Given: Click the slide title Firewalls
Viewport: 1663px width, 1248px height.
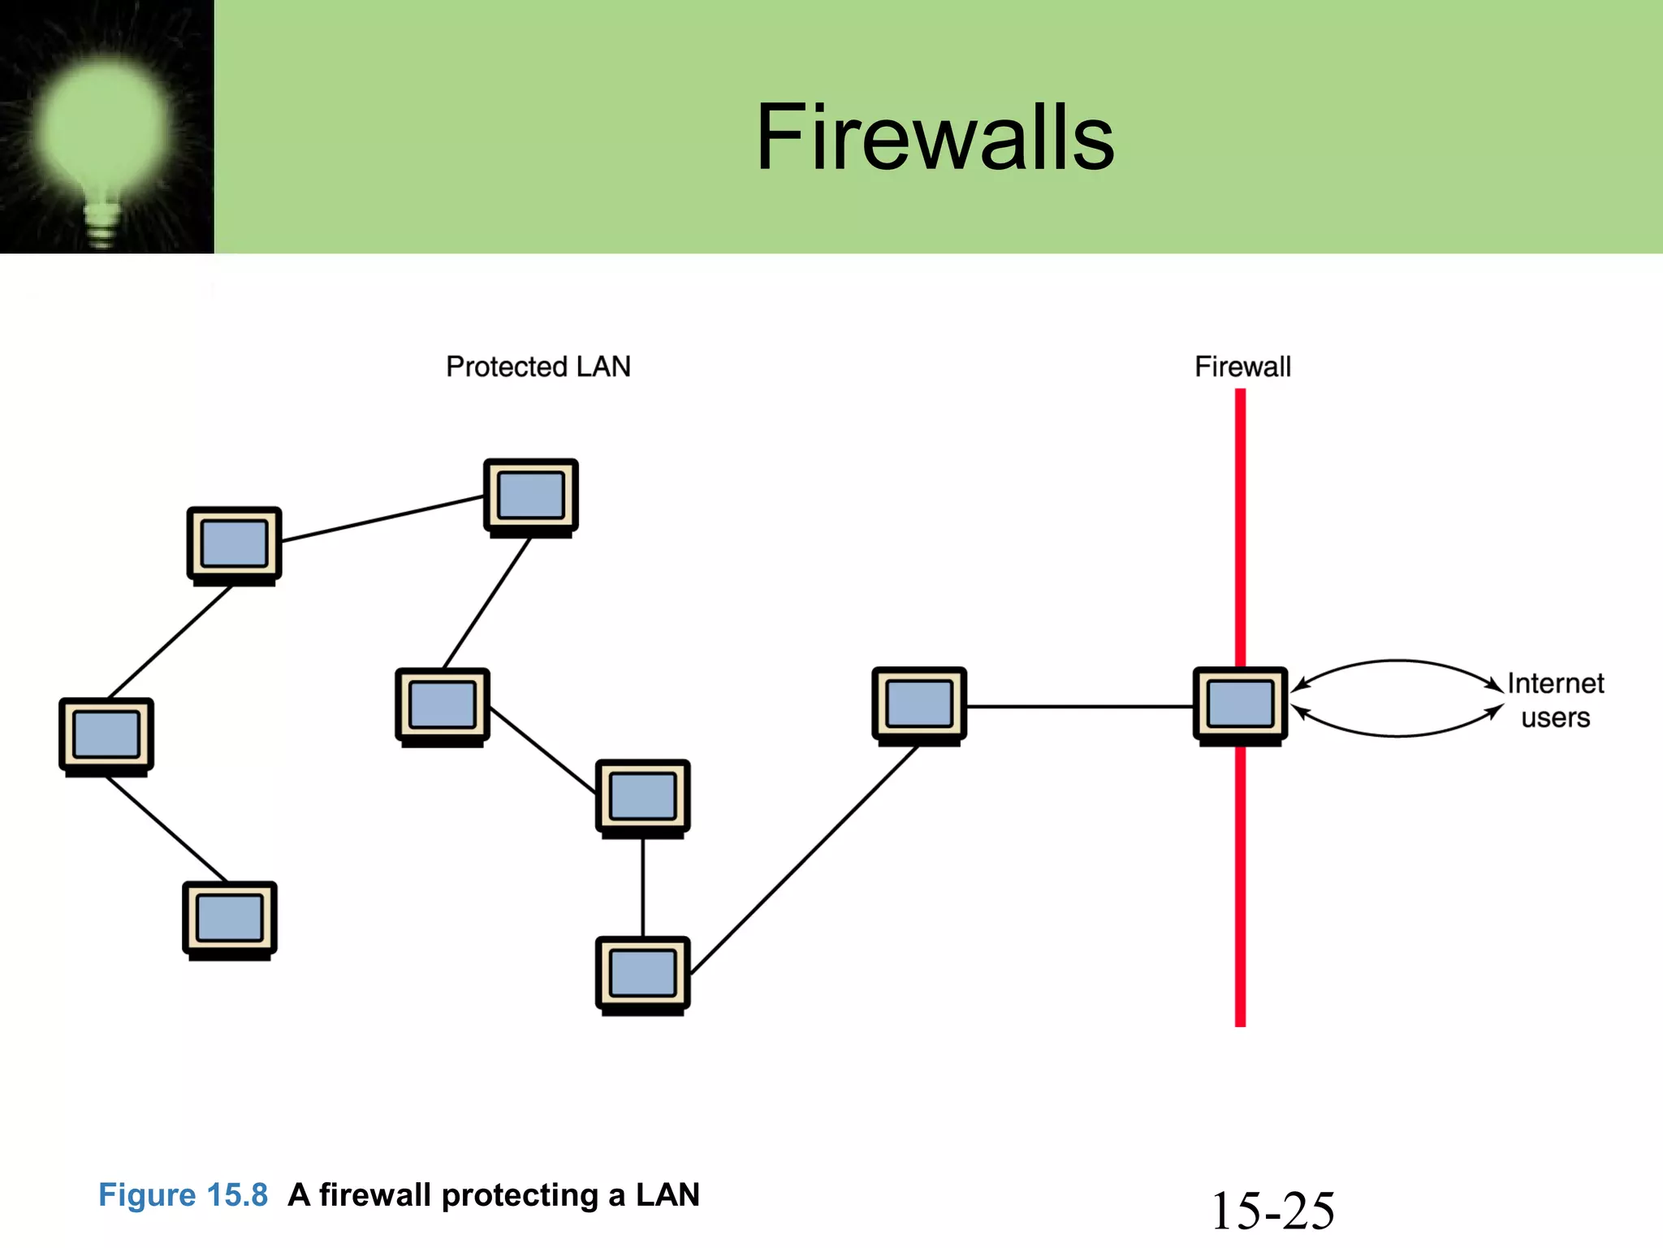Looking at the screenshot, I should point(935,138).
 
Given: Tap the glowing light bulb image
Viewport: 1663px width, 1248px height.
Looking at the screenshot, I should point(106,130).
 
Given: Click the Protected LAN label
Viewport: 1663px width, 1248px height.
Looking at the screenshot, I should point(538,366).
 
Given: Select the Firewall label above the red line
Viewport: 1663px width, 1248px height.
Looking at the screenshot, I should point(1242,366).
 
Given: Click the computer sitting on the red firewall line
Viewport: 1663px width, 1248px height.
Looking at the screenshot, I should point(1240,704).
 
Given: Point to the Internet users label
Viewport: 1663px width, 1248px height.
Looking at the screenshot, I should point(1555,700).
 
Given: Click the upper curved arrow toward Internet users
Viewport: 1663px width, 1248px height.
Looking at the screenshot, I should point(1397,661).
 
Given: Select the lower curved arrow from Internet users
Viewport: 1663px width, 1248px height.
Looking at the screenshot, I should point(1397,735).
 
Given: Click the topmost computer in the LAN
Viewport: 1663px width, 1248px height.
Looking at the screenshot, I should point(530,496).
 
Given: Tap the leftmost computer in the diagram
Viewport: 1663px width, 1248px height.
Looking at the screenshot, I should point(106,735).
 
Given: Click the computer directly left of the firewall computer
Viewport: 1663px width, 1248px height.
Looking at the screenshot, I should point(919,704).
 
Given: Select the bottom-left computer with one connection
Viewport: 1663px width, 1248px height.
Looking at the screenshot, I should point(230,919).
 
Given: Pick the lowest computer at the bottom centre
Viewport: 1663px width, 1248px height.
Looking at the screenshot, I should point(642,974).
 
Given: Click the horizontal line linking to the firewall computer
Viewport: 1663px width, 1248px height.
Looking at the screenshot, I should point(1080,706).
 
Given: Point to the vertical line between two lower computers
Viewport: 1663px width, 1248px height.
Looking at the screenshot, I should point(643,887).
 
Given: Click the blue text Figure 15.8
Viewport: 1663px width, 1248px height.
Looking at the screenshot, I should point(183,1195).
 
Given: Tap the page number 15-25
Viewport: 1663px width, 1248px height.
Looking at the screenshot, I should point(1272,1211).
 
